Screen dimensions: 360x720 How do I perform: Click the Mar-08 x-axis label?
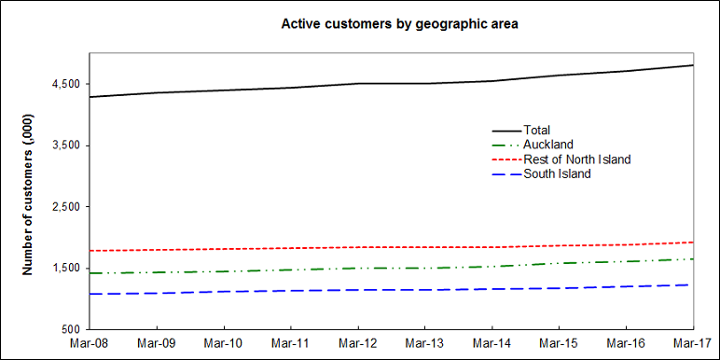[x=90, y=344]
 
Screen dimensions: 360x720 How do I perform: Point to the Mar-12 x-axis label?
[x=358, y=344]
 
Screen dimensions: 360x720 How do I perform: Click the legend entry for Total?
[x=537, y=130]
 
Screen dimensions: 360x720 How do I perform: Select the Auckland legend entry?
[x=547, y=145]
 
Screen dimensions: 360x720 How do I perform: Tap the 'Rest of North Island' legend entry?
[x=576, y=159]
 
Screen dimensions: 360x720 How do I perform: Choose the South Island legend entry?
[x=557, y=174]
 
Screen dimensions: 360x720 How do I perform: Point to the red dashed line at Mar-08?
[x=90, y=251]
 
